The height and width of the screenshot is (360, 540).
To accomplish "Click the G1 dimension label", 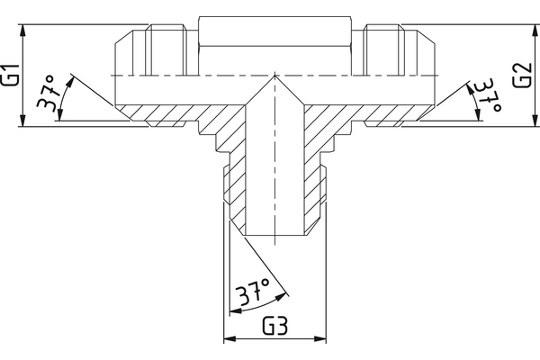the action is click(x=10, y=75).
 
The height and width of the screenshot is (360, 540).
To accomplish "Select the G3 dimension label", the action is click(x=274, y=326).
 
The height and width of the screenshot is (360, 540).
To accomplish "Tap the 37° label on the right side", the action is click(x=488, y=95).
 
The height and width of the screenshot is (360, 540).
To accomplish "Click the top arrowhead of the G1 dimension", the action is click(x=22, y=31).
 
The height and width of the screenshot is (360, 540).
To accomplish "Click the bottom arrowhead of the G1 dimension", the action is click(x=22, y=121).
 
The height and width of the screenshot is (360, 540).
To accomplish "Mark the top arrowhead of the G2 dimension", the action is click(x=535, y=31).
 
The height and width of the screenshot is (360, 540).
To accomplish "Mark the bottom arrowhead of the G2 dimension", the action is click(x=535, y=121).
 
